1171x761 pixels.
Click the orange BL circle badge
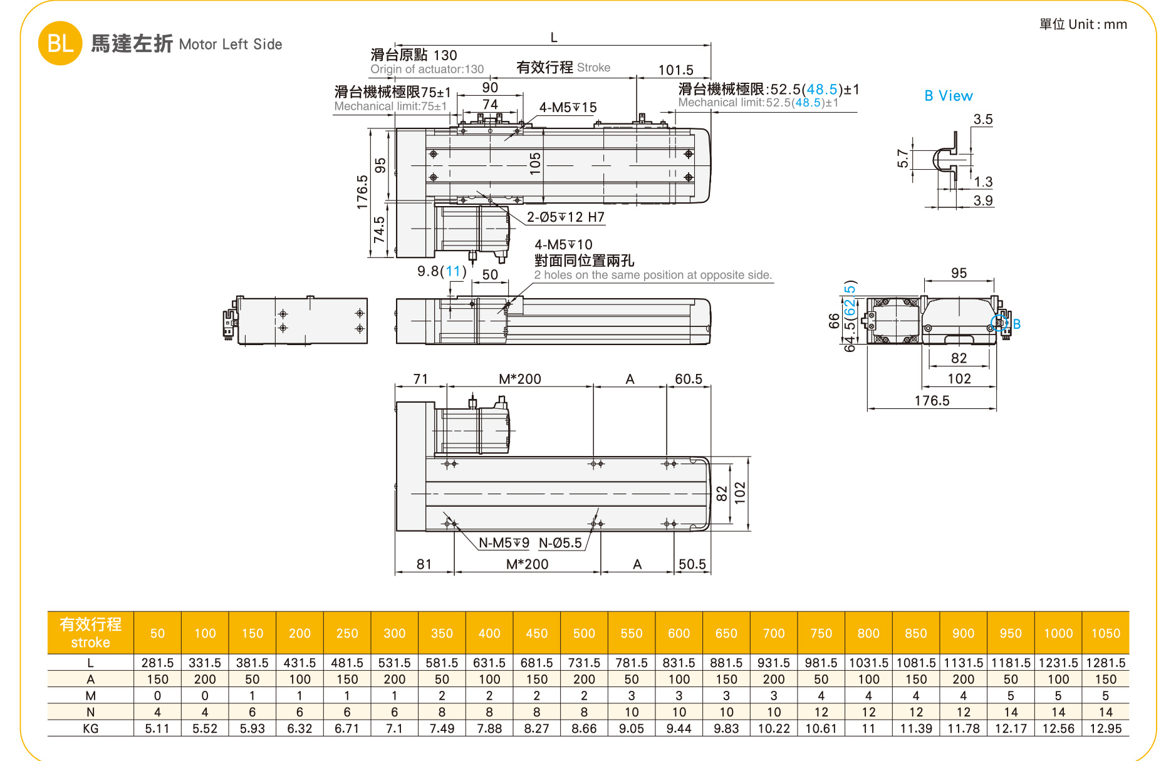point(60,43)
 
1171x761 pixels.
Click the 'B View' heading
point(948,96)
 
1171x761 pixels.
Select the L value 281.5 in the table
point(157,663)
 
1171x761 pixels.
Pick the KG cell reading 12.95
point(1105,728)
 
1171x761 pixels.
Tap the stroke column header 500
point(584,633)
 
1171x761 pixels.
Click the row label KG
point(90,728)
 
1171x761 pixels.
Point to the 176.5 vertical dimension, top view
point(362,192)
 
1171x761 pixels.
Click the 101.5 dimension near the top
point(675,70)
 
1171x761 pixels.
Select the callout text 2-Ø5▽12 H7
point(565,217)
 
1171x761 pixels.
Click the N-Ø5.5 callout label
point(560,543)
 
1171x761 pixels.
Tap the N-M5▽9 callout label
point(504,543)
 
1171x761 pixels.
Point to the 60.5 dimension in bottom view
point(688,379)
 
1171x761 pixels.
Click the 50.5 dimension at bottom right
point(692,564)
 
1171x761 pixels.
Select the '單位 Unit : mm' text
point(1083,24)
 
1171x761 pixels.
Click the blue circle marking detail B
point(999,323)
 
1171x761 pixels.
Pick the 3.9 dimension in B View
point(982,200)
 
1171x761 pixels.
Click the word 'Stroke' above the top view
point(593,68)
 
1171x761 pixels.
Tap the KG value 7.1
point(394,728)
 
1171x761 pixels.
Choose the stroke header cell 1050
point(1105,633)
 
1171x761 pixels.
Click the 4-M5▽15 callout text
point(568,108)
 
